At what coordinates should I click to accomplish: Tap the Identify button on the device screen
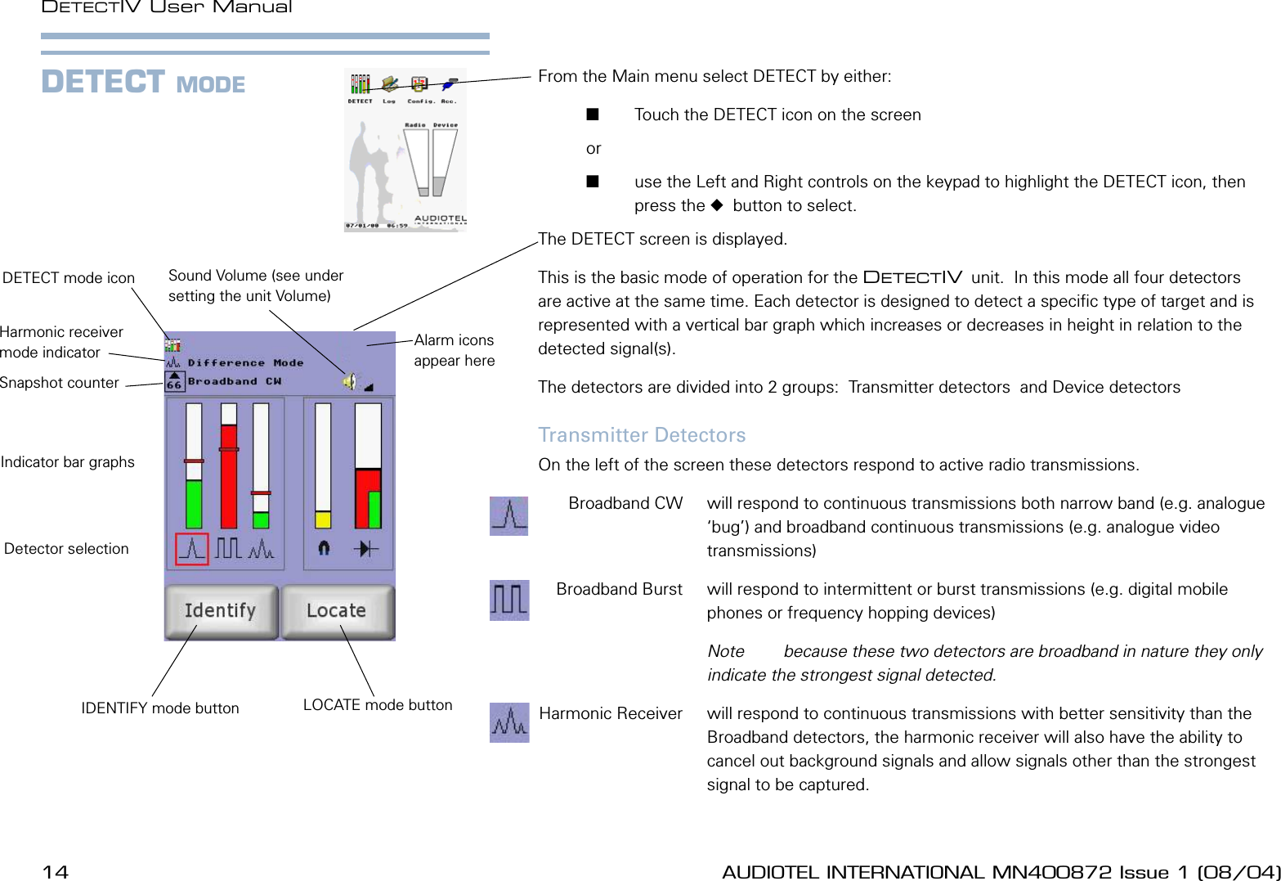(221, 611)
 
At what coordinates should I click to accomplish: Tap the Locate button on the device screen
(337, 611)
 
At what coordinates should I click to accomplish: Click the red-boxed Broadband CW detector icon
(192, 549)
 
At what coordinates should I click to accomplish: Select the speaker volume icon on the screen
(350, 381)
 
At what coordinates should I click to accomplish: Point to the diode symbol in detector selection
(365, 548)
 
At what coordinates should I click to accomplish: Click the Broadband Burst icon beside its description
(509, 600)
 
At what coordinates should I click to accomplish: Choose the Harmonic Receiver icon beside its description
(509, 722)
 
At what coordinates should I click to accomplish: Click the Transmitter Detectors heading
(642, 435)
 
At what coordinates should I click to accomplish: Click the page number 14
(55, 872)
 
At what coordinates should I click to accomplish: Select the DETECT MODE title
(143, 83)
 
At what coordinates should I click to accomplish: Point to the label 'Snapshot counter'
(60, 383)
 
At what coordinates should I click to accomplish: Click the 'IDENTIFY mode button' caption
(160, 708)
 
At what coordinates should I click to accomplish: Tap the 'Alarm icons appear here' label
(454, 350)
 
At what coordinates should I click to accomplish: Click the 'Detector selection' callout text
(66, 549)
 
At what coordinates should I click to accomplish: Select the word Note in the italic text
(726, 651)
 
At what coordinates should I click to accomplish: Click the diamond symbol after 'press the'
(717, 205)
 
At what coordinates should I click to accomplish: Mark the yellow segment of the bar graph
(323, 519)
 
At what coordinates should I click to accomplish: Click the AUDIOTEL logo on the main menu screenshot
(440, 219)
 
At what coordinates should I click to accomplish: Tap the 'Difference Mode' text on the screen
(245, 362)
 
